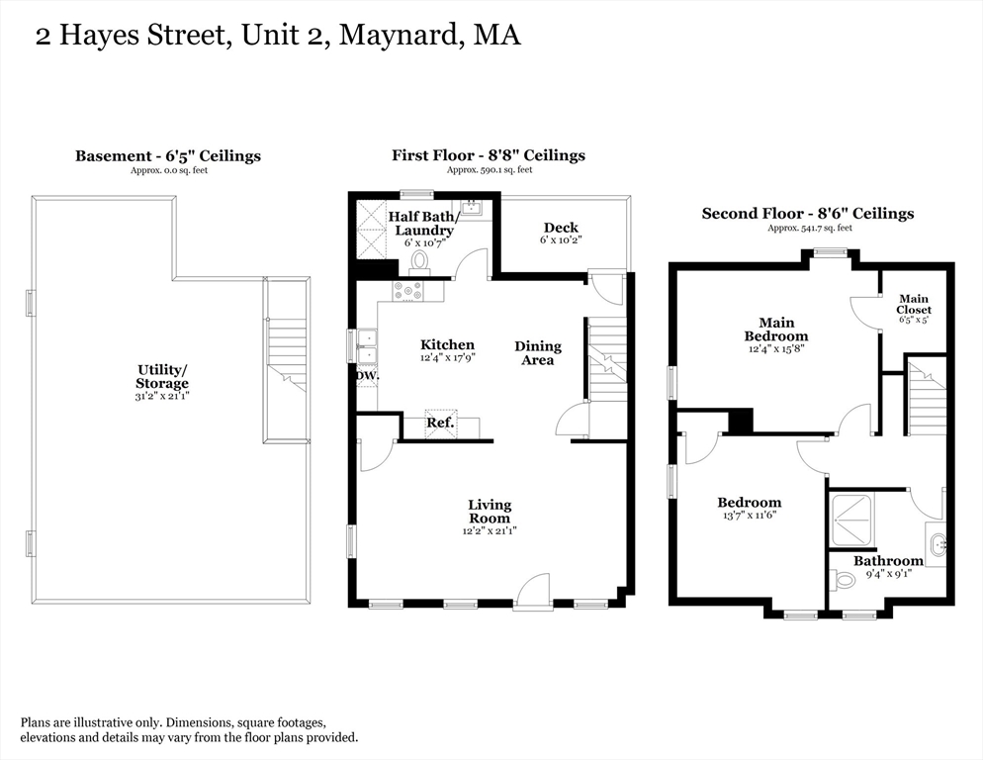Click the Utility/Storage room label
(x=162, y=377)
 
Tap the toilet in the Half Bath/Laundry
(x=419, y=262)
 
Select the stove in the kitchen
(x=408, y=291)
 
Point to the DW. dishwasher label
(x=368, y=376)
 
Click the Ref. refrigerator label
(x=441, y=423)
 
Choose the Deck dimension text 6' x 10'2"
(x=561, y=239)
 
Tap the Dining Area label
(x=538, y=352)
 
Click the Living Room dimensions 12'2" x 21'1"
(x=490, y=531)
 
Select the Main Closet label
(x=914, y=305)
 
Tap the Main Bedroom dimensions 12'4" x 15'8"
(x=776, y=349)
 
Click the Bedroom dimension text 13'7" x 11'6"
(x=750, y=516)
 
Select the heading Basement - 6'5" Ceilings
(x=168, y=155)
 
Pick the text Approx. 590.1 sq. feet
(x=490, y=170)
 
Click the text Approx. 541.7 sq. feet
(x=810, y=229)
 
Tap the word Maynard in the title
(x=400, y=36)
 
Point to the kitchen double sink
(x=367, y=346)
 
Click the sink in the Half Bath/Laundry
(x=471, y=209)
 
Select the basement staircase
(x=287, y=361)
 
